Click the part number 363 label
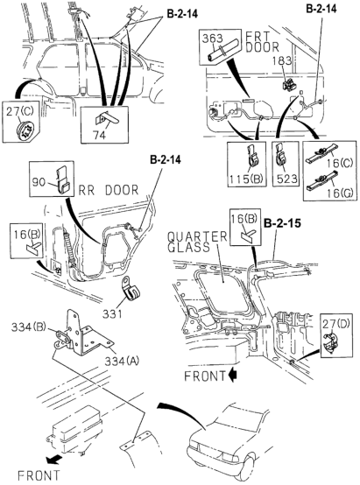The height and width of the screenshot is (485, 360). click(212, 39)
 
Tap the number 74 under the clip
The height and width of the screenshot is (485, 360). click(100, 135)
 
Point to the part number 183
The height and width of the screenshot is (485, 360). click(282, 60)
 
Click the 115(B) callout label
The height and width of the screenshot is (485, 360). click(246, 179)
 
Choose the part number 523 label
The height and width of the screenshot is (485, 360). click(286, 179)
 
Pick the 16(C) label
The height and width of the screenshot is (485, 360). click(340, 163)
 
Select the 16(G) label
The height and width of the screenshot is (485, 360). click(340, 193)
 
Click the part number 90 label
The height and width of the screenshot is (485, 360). click(39, 182)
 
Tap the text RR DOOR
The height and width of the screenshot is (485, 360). click(109, 190)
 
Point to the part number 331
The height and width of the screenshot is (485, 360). click(113, 314)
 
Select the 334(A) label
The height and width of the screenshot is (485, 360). click(122, 361)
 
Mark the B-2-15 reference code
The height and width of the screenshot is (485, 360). click(282, 223)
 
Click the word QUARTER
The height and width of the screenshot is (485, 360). click(197, 237)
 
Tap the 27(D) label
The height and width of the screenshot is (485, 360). click(336, 324)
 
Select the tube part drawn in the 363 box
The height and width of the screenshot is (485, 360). click(222, 50)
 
